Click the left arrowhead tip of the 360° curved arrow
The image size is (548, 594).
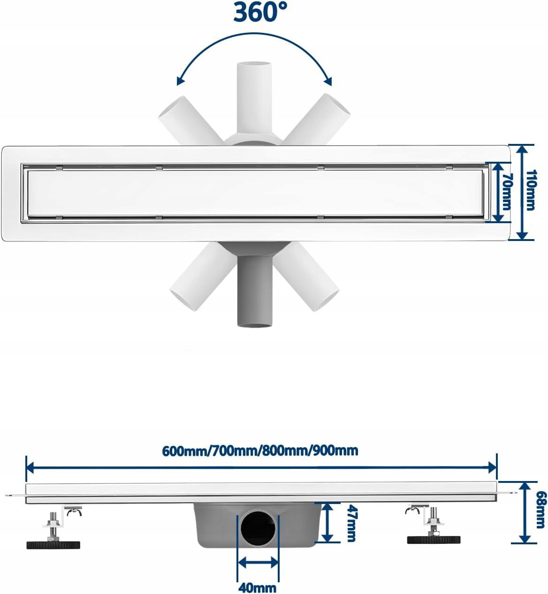(x=177, y=85)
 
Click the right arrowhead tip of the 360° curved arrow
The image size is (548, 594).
(x=332, y=86)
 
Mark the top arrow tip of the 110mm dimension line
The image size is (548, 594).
(x=522, y=146)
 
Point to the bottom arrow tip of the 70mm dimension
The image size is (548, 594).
(x=498, y=222)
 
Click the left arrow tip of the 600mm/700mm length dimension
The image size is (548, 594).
(x=27, y=467)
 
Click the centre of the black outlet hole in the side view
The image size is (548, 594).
(x=257, y=528)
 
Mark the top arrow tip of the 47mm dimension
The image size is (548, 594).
(x=327, y=504)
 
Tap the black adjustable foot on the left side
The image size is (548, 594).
(x=53, y=544)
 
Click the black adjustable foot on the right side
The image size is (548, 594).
(x=434, y=540)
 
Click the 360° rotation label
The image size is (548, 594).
(x=260, y=12)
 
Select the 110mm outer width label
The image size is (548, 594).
(x=530, y=190)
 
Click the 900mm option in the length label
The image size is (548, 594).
(x=335, y=451)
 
